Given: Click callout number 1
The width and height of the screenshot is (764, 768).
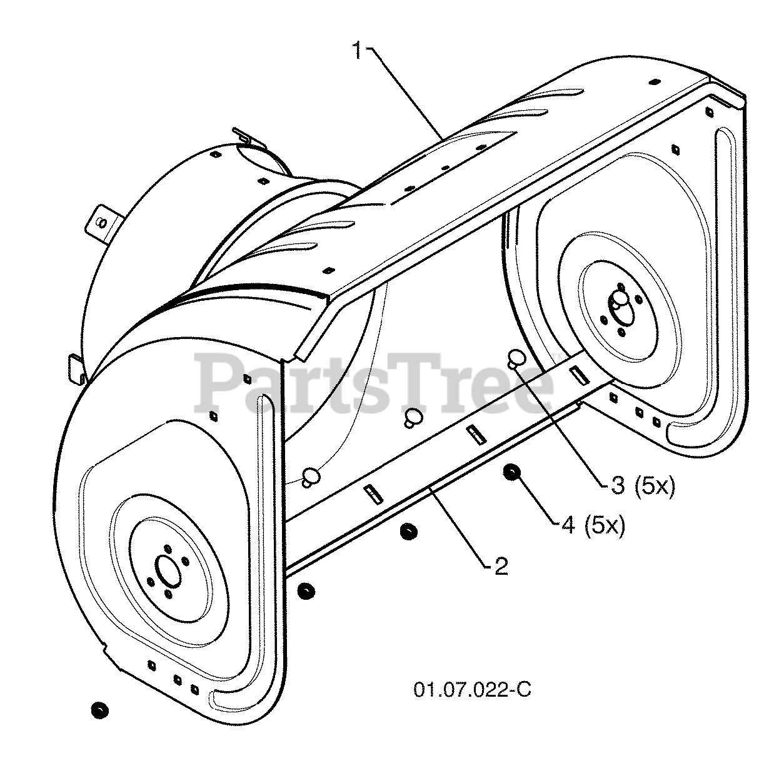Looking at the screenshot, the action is point(357,51).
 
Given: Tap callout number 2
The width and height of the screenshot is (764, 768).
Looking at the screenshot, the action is point(501,566).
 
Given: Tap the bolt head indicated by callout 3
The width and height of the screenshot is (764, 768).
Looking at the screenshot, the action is point(516,358).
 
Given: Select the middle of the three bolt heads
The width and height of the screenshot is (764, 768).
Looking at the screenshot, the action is point(411,417).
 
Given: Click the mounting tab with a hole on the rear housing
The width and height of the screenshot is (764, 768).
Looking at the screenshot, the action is point(104,220).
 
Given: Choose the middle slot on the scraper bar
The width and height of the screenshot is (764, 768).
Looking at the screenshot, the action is point(475,433).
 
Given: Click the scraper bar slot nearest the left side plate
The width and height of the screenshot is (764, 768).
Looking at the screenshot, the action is point(373,492).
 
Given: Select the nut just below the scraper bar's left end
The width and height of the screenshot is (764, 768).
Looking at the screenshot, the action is point(306,590).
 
